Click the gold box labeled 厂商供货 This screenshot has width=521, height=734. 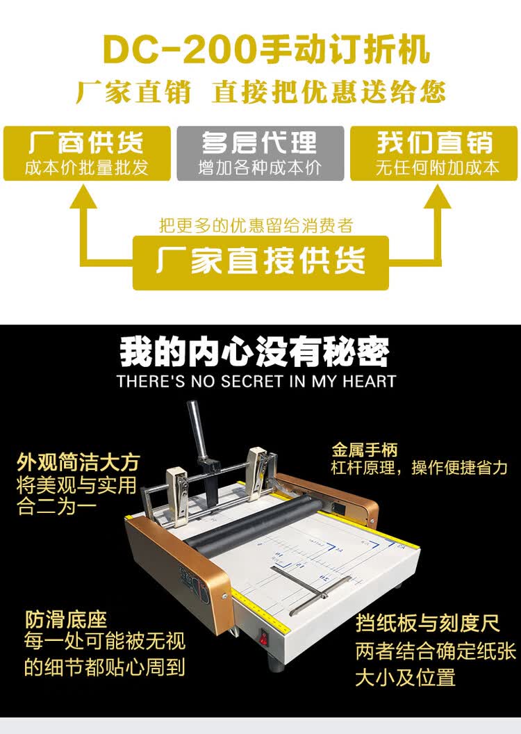pyautogui.click(x=87, y=153)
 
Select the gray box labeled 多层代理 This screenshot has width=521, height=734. pyautogui.click(x=260, y=153)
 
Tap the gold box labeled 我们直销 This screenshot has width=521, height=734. pyautogui.click(x=434, y=153)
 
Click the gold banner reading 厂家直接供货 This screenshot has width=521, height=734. pyautogui.click(x=260, y=262)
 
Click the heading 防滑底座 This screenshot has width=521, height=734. pyautogui.click(x=66, y=619)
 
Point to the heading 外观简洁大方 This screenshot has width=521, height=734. pyautogui.click(x=78, y=462)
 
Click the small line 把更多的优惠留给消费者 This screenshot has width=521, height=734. pyautogui.click(x=256, y=225)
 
